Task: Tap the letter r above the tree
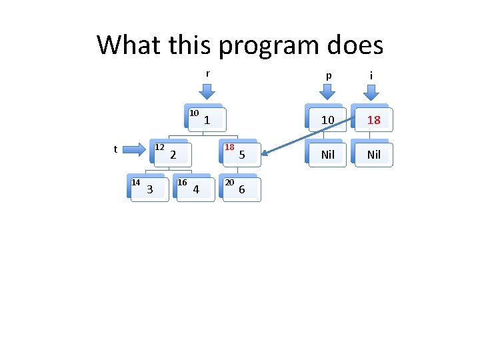pyautogui.click(x=208, y=73)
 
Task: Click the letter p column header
pyautogui.click(x=327, y=75)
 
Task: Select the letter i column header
pyautogui.click(x=371, y=75)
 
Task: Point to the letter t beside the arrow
pyautogui.click(x=115, y=149)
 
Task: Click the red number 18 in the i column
pyautogui.click(x=373, y=121)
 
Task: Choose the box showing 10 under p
pyautogui.click(x=327, y=121)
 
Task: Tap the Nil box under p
pyautogui.click(x=327, y=155)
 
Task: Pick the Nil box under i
pyautogui.click(x=373, y=155)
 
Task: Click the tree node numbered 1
pyautogui.click(x=207, y=121)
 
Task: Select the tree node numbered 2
pyautogui.click(x=173, y=155)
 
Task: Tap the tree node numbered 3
pyautogui.click(x=149, y=190)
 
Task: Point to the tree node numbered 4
pyautogui.click(x=195, y=190)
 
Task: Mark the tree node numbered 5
pyautogui.click(x=242, y=155)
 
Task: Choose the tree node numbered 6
pyautogui.click(x=241, y=190)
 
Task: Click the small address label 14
pyautogui.click(x=135, y=182)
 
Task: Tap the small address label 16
pyautogui.click(x=181, y=182)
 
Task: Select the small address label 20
pyautogui.click(x=229, y=182)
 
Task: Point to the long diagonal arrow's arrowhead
pyautogui.click(x=261, y=159)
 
